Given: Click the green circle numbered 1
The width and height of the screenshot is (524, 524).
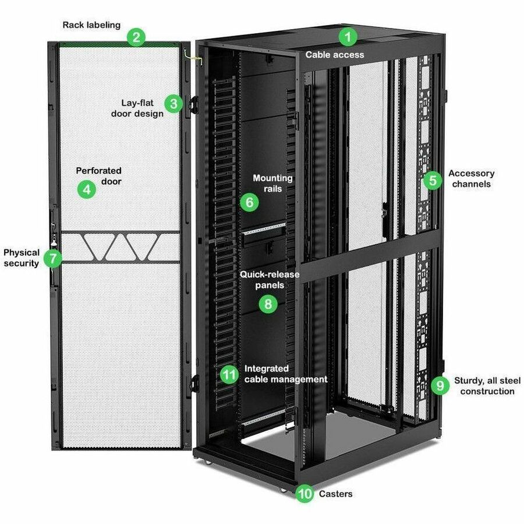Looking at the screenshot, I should [348, 38].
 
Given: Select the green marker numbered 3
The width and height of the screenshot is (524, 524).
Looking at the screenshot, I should [173, 104].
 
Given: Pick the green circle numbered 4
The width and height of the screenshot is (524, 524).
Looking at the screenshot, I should [86, 189].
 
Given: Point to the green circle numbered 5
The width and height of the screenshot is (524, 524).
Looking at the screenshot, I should [432, 180].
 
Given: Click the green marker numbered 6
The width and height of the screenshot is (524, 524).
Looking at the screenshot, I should [249, 203].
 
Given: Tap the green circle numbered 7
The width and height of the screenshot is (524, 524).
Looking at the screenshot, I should [54, 258].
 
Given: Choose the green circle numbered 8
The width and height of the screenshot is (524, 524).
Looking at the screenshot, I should [268, 303].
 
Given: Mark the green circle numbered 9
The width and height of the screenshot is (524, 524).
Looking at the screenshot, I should [441, 385].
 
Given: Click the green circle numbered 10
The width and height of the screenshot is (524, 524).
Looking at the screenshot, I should [305, 494].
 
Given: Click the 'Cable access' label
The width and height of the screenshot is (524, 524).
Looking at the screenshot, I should [335, 55].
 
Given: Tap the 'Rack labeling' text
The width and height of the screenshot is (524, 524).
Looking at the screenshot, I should [92, 25].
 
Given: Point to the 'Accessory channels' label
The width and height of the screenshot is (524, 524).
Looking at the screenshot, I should [471, 179].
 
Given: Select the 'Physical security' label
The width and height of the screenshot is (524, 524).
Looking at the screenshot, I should [22, 258].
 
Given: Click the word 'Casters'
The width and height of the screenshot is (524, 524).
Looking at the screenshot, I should [336, 494].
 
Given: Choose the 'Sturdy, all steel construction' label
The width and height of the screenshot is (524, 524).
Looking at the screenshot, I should [487, 385].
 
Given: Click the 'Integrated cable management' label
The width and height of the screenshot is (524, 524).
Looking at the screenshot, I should [285, 374].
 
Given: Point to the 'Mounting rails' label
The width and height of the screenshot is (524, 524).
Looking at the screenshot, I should [272, 183].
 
